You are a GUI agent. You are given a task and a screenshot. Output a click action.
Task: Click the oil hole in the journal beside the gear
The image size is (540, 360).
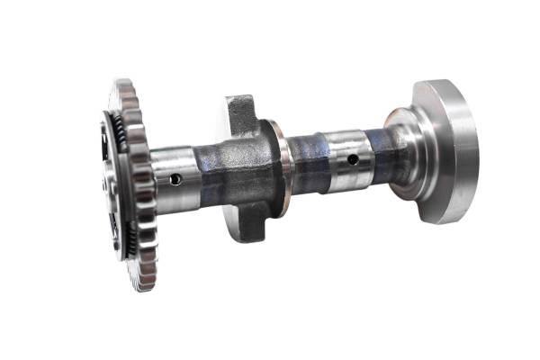click(x=175, y=179)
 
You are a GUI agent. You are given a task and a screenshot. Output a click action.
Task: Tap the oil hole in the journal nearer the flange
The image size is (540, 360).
click(x=353, y=159)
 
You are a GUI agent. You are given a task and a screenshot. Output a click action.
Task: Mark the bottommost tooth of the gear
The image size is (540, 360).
click(x=144, y=286)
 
